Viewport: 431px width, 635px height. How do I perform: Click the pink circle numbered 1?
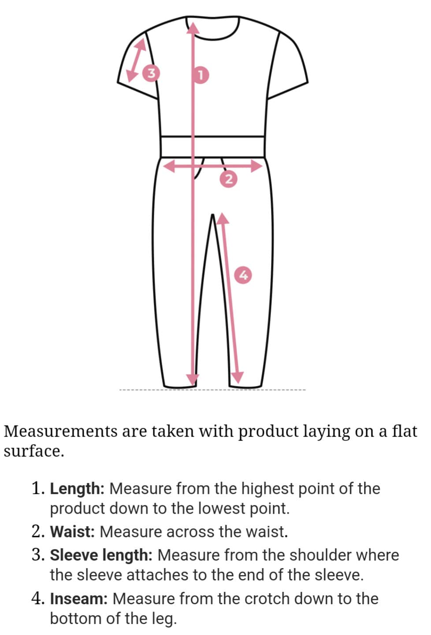click(200, 75)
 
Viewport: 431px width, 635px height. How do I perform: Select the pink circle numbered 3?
click(152, 73)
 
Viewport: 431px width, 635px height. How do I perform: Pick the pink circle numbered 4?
click(243, 275)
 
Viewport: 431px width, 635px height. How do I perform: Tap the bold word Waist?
click(72, 531)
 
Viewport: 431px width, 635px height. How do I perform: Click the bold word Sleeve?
click(73, 555)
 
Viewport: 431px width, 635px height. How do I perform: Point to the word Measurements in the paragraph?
click(61, 431)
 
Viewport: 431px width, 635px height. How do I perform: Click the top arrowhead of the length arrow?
click(193, 27)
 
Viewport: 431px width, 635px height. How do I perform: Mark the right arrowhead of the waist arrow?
click(256, 166)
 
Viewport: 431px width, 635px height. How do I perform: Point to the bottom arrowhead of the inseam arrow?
click(238, 378)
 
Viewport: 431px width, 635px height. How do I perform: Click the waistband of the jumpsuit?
click(213, 147)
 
